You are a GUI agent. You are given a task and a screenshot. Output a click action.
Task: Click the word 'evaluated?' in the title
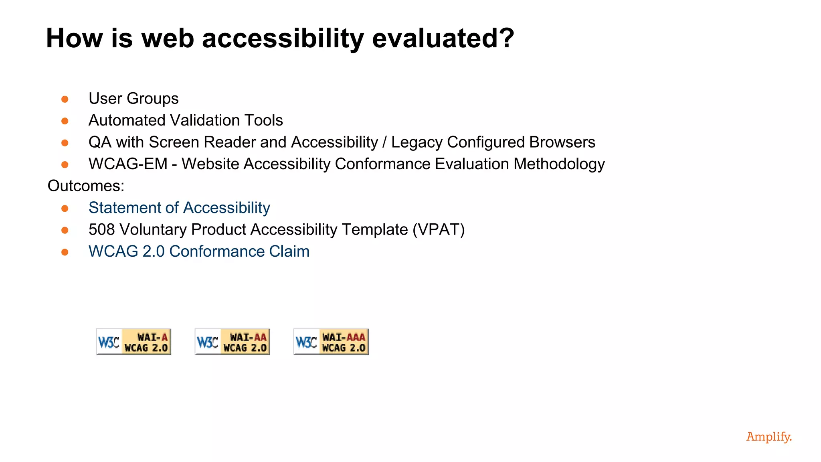tap(443, 38)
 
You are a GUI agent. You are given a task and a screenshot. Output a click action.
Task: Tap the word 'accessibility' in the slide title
tap(283, 38)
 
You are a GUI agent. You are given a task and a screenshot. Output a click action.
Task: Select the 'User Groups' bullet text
tap(133, 99)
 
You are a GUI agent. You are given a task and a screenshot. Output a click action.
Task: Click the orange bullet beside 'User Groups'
tap(65, 99)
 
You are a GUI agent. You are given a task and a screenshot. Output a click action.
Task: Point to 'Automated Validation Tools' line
tap(186, 120)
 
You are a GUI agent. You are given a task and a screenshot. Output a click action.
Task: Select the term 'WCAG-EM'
tap(128, 164)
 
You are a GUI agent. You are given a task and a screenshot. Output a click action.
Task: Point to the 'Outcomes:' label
tap(86, 186)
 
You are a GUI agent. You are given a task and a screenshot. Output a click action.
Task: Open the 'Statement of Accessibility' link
tap(179, 208)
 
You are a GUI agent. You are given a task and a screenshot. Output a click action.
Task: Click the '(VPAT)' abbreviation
tap(439, 230)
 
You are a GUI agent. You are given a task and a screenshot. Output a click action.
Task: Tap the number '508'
tap(102, 230)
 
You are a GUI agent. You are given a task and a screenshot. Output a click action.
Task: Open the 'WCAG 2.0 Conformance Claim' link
tap(199, 251)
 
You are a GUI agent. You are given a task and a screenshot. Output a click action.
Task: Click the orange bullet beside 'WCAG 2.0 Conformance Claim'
tap(65, 252)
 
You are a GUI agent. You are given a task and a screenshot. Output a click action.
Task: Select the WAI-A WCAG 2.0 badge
tap(133, 342)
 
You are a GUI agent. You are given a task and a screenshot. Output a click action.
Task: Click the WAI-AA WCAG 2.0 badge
tap(232, 342)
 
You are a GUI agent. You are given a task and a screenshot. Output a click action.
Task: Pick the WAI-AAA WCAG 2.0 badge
tap(331, 342)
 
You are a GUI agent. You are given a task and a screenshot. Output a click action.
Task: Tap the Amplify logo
tap(769, 437)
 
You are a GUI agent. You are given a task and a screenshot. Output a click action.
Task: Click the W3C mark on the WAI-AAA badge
tap(306, 342)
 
